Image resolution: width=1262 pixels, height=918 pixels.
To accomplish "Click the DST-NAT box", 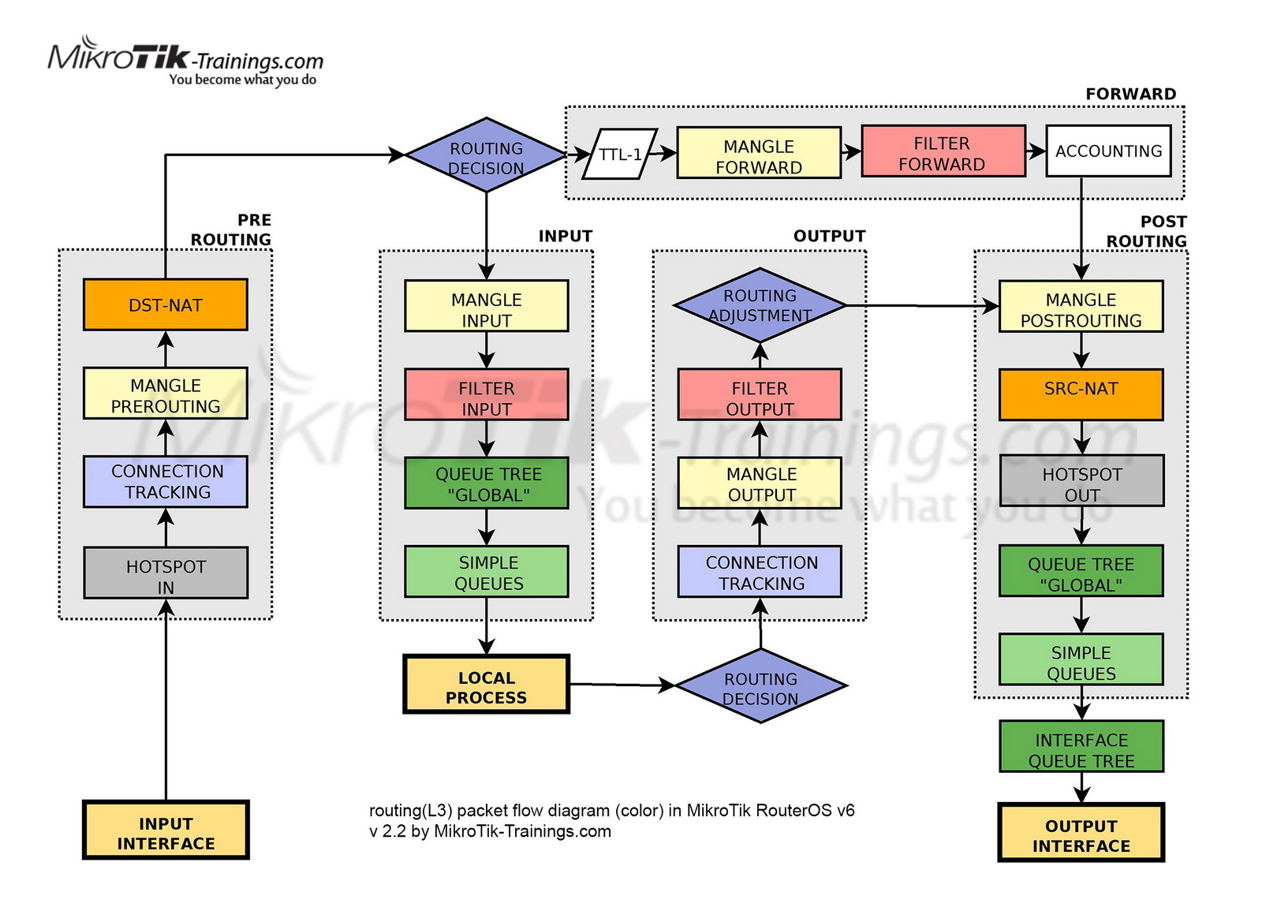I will [165, 304].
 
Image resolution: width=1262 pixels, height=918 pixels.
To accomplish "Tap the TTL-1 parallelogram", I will [620, 154].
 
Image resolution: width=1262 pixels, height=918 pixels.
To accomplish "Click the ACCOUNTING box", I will [1108, 151].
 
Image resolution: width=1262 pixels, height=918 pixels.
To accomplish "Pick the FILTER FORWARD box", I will [943, 151].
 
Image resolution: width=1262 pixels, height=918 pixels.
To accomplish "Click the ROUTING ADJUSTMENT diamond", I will [760, 305].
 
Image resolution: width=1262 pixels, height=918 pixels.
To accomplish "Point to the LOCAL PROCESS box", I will [486, 685].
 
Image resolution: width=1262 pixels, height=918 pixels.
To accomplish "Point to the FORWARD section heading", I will [1130, 94].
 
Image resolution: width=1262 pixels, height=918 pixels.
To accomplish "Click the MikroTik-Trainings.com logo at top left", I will [186, 62].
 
